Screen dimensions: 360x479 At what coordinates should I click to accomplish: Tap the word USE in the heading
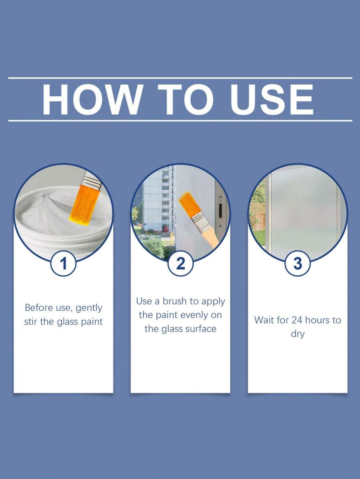pyautogui.click(x=272, y=99)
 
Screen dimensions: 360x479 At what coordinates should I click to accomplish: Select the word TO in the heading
pyautogui.click(x=186, y=99)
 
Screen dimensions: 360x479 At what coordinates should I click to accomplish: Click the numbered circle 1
pyautogui.click(x=63, y=263)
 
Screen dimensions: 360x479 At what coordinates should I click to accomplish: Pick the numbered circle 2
pyautogui.click(x=180, y=263)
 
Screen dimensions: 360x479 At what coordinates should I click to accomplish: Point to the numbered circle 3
pyautogui.click(x=297, y=263)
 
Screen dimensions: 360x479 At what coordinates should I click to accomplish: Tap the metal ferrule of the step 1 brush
pyautogui.click(x=92, y=180)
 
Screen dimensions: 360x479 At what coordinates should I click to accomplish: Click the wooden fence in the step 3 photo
pyautogui.click(x=257, y=217)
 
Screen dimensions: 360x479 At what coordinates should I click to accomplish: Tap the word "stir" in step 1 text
pyautogui.click(x=31, y=322)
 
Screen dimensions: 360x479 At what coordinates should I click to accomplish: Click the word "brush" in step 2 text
pyautogui.click(x=174, y=301)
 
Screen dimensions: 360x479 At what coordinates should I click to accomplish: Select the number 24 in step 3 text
pyautogui.click(x=297, y=320)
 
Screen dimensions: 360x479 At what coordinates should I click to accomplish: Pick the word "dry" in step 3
pyautogui.click(x=297, y=334)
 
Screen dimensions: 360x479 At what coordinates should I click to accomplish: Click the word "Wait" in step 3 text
pyautogui.click(x=263, y=320)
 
